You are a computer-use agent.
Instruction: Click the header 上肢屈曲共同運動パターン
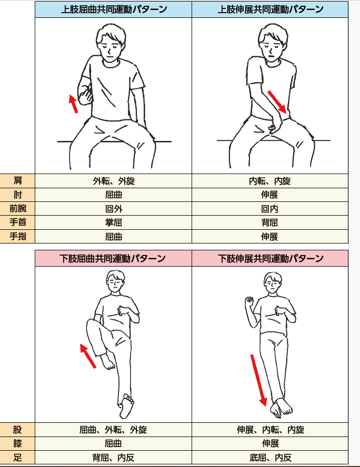point(114,9)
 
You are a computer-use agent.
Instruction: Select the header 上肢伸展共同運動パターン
point(271,9)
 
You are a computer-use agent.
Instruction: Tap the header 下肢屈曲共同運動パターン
point(113,258)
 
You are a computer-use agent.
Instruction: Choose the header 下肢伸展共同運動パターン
point(271,258)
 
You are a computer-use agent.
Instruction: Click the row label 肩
point(17,180)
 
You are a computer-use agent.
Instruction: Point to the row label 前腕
point(17,208)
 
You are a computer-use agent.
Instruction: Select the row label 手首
point(17,222)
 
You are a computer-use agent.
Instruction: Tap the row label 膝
point(17,443)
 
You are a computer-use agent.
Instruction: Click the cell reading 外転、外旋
point(114,181)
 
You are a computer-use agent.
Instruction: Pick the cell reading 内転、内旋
point(269,181)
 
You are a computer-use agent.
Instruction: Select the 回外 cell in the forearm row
point(114,208)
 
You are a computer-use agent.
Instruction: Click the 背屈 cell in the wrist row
point(269,222)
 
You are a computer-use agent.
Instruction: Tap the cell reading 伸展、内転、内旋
point(271,430)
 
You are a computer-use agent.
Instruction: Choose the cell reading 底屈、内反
point(271,458)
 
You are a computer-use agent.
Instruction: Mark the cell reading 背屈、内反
point(113,458)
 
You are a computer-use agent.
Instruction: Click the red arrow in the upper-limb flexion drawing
point(73,104)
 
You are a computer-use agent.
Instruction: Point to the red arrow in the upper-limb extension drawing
point(277,102)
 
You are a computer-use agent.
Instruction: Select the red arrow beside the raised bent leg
point(88,356)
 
